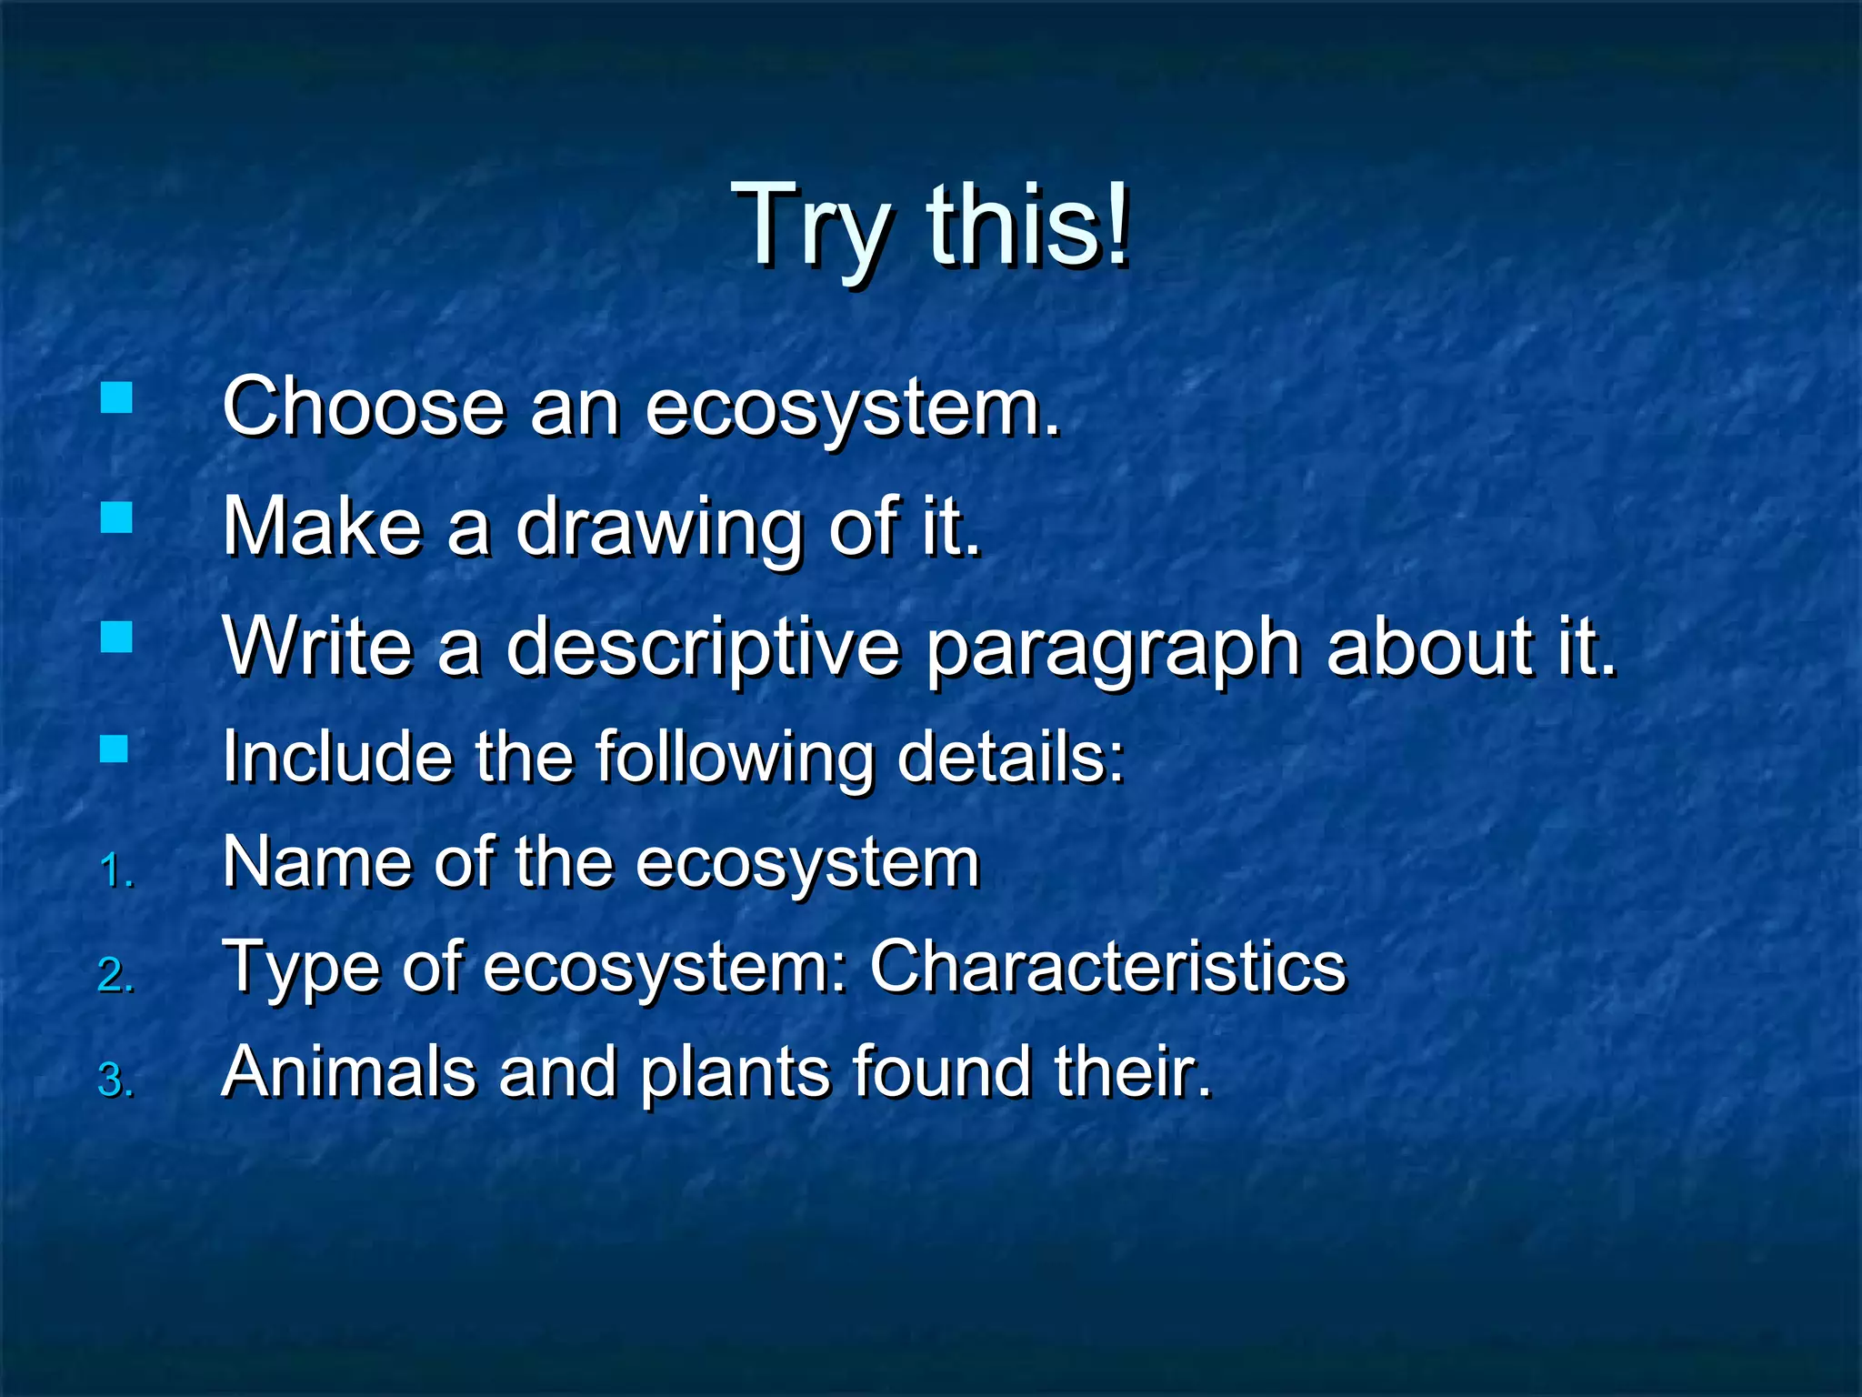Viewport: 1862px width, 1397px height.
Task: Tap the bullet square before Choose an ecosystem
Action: click(116, 397)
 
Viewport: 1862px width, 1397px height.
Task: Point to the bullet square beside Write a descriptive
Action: click(116, 637)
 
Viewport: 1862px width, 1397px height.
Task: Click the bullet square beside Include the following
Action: click(115, 749)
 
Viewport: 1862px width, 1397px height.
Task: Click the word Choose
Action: click(363, 407)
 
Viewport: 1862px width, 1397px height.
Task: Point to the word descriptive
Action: click(702, 648)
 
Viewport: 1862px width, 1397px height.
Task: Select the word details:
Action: click(1011, 757)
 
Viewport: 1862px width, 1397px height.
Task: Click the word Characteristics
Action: click(1106, 966)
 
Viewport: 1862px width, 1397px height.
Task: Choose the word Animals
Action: click(348, 1071)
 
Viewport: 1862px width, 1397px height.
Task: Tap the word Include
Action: click(336, 757)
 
